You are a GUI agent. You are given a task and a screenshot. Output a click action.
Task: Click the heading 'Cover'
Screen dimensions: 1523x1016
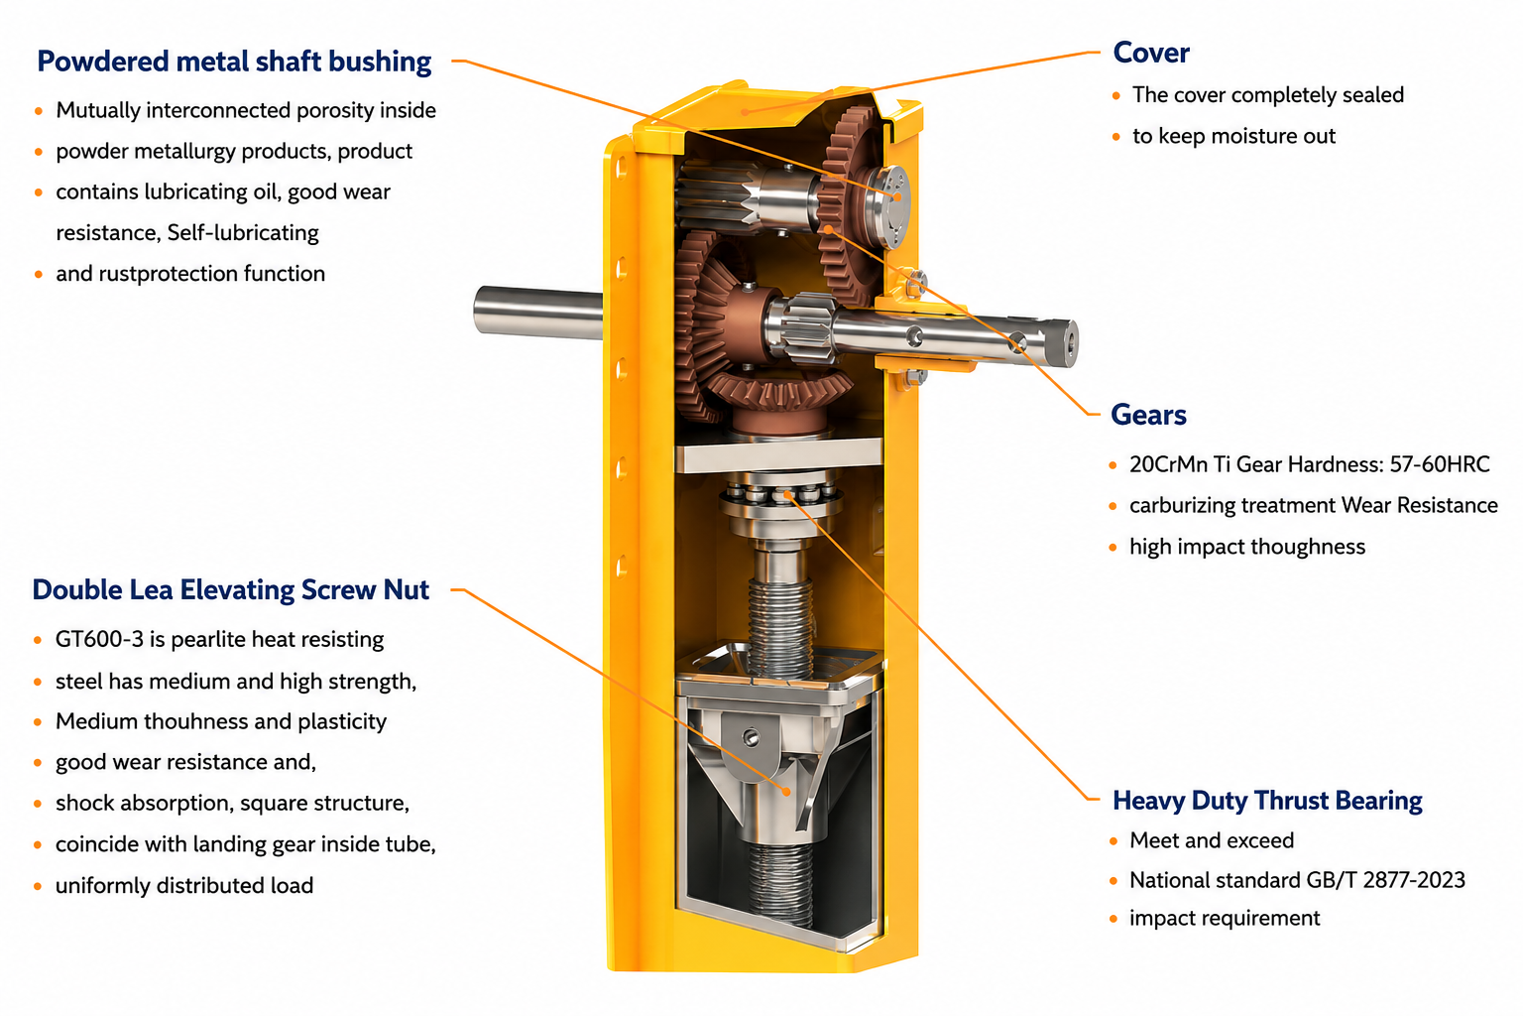click(x=1151, y=53)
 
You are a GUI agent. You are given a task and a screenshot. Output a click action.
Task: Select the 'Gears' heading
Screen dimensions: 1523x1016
click(x=1148, y=415)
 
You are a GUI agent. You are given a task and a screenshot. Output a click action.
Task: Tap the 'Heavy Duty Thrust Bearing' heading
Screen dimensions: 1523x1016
click(x=1267, y=801)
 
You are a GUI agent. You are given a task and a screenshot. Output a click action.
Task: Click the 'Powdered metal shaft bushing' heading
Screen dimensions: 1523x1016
click(x=234, y=62)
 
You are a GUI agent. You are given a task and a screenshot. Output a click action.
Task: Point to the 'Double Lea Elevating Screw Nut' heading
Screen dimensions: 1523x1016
click(x=230, y=590)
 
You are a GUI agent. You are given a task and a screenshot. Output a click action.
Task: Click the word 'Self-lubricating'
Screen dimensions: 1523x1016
click(x=243, y=233)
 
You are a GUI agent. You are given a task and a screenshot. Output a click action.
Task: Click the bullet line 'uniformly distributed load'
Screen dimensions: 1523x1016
click(x=184, y=885)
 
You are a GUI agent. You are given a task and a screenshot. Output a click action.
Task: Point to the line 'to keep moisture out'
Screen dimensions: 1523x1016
click(x=1233, y=136)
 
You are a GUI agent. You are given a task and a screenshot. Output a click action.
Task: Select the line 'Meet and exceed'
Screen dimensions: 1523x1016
click(x=1212, y=840)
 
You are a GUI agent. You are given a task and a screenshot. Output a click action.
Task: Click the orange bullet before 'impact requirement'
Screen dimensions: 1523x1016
click(x=1113, y=919)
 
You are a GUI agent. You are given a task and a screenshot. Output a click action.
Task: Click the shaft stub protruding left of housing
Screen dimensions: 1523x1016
click(x=537, y=312)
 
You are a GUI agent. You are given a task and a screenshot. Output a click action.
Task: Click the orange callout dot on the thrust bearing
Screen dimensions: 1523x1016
click(x=786, y=495)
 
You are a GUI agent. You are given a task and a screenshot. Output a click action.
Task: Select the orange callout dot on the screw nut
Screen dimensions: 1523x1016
click(x=786, y=792)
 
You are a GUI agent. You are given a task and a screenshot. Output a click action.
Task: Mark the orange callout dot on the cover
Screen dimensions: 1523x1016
click(x=746, y=112)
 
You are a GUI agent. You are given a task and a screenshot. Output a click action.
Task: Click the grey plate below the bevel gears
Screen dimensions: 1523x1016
click(x=778, y=453)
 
